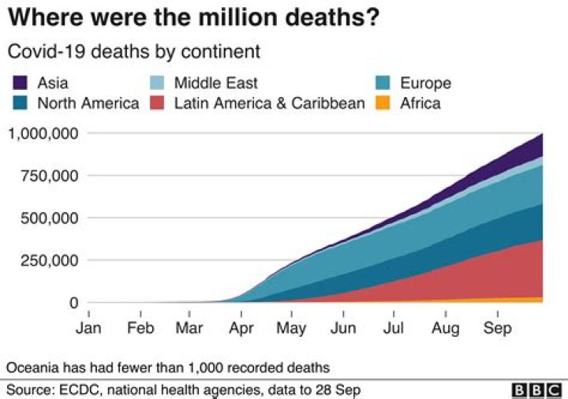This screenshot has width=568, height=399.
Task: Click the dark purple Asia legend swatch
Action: pyautogui.click(x=21, y=83)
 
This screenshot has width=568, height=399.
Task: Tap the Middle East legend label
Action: pyautogui.click(x=215, y=83)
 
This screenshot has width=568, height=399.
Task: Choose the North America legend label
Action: pyautogui.click(x=88, y=103)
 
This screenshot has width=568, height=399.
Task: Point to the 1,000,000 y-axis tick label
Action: pyautogui.click(x=43, y=132)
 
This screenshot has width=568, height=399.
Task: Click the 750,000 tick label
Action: pyautogui.click(x=49, y=175)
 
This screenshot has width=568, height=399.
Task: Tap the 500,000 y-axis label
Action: pyautogui.click(x=49, y=218)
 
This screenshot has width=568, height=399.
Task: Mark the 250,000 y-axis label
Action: pyautogui.click(x=49, y=260)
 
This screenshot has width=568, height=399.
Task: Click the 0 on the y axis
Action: pyautogui.click(x=73, y=303)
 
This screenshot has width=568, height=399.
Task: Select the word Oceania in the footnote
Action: pyautogui.click(x=32, y=367)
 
